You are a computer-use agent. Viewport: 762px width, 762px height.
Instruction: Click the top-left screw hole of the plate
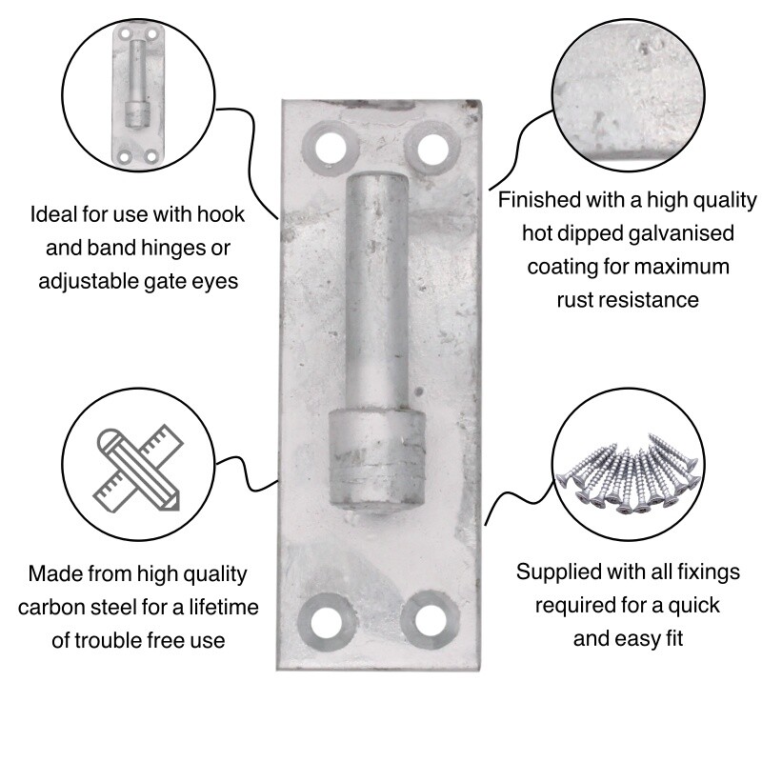[330, 148]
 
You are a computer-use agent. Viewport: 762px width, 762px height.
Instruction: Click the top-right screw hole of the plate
[431, 148]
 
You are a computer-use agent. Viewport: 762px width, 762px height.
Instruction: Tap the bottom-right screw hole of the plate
[427, 619]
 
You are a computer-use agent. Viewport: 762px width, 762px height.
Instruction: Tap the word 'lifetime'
[211, 607]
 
